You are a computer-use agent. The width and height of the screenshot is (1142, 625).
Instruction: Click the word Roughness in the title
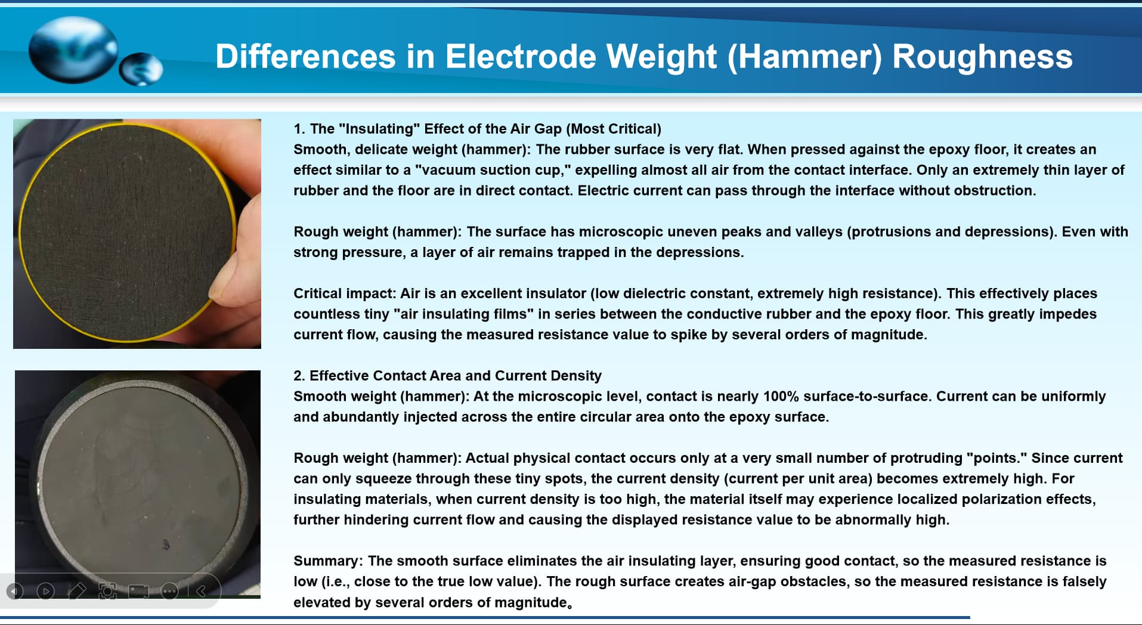[982, 57]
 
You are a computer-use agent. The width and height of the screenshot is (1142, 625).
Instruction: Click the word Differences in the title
[305, 57]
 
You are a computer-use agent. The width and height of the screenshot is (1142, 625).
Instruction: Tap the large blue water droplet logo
[73, 49]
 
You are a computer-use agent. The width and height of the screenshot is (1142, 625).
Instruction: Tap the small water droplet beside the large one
[141, 69]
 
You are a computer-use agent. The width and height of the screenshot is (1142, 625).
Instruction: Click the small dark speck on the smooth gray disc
[166, 544]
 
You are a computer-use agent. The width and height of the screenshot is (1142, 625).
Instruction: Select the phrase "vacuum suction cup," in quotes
[493, 170]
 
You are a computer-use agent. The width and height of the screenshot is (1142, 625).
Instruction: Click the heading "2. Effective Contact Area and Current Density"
[447, 376]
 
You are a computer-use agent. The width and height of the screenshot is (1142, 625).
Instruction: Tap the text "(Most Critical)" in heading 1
[614, 129]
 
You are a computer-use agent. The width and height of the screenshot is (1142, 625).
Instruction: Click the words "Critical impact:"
[345, 293]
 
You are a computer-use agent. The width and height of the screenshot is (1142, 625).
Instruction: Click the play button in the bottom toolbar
[46, 591]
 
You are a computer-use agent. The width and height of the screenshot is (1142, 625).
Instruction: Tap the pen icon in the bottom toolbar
[77, 591]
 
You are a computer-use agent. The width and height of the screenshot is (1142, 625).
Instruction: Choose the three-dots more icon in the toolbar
[170, 591]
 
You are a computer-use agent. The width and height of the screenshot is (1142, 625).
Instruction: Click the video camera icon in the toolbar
[139, 591]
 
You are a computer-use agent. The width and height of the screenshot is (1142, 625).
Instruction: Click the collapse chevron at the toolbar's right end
[202, 591]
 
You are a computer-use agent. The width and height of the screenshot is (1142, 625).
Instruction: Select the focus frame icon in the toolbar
[108, 591]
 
